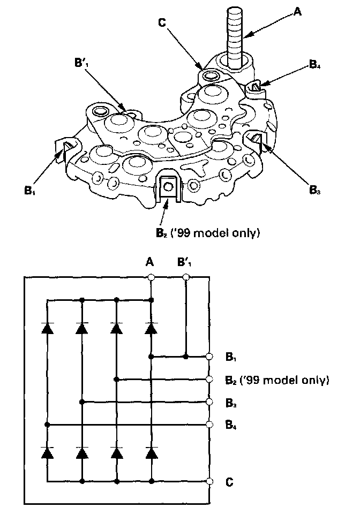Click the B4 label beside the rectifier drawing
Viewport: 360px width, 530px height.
(315, 66)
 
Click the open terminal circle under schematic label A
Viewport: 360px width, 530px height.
(151, 277)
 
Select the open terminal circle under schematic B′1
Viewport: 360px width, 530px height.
(186, 277)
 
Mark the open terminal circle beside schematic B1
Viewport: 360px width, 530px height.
(209, 356)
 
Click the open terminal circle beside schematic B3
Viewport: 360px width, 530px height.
(209, 402)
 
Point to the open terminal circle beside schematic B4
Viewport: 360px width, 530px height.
(209, 425)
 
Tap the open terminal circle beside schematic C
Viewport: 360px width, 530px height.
(209, 481)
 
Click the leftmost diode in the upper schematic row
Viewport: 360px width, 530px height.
(47, 327)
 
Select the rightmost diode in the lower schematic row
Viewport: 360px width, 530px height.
(152, 452)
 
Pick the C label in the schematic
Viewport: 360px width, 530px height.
(229, 481)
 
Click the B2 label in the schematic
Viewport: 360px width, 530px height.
(229, 380)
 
